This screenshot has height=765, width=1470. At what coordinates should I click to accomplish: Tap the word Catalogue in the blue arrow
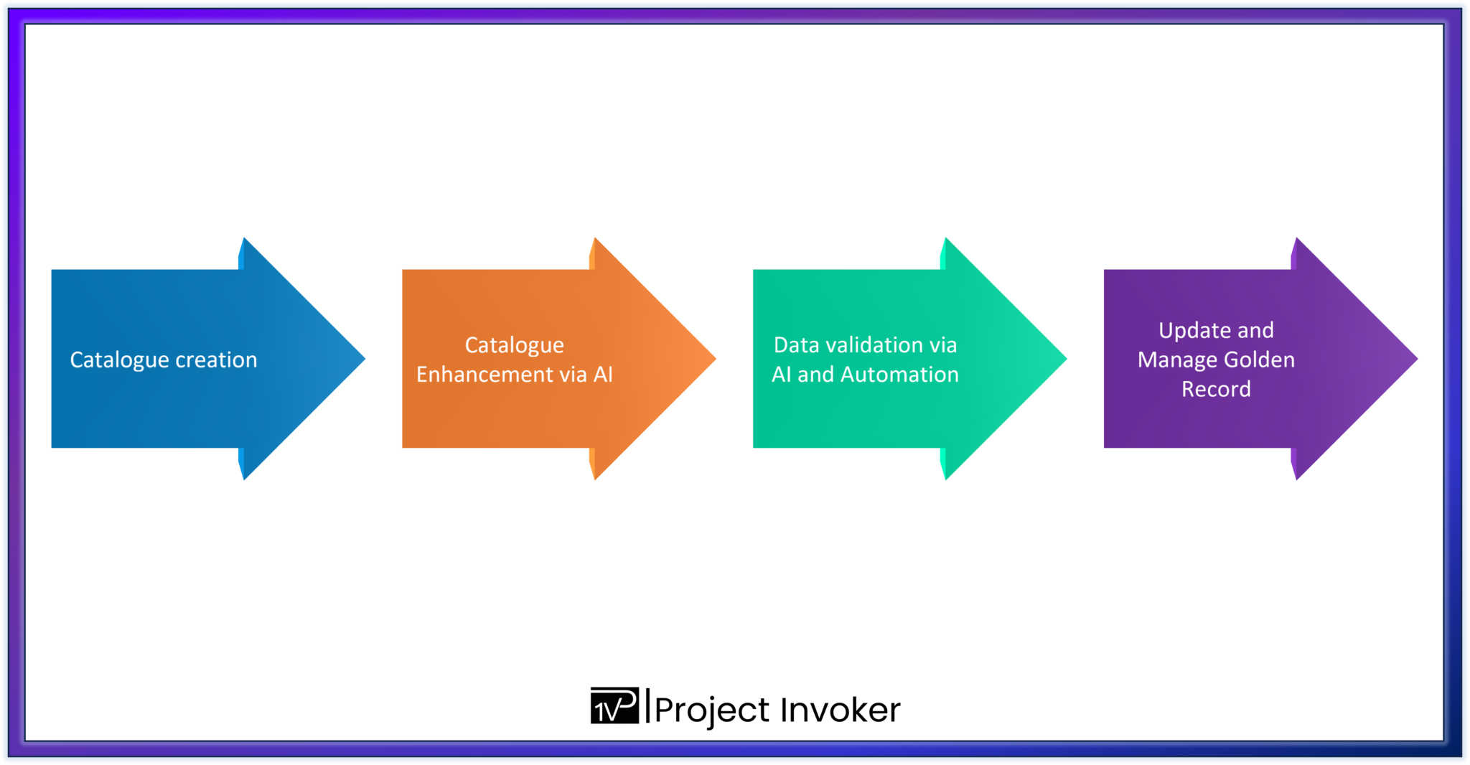coord(119,360)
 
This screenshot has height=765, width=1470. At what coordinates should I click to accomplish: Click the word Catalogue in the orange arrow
coord(514,345)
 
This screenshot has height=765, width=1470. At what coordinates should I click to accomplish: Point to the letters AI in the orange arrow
coord(603,375)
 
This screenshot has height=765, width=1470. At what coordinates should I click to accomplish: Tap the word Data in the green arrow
coord(796,345)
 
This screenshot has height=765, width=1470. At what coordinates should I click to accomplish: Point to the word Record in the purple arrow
coord(1216,389)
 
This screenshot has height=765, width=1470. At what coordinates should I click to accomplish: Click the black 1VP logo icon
coord(614,706)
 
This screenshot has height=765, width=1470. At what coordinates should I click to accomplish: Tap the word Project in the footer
coord(711,710)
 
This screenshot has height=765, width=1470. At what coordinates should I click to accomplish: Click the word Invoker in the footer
coord(840,710)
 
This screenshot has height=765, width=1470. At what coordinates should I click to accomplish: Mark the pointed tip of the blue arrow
coord(362,359)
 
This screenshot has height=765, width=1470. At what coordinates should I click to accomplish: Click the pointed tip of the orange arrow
coord(713,359)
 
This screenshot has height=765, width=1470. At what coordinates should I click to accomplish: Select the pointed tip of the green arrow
coord(1064,359)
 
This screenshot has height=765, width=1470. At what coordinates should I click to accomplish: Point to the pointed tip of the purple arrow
coord(1415,359)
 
